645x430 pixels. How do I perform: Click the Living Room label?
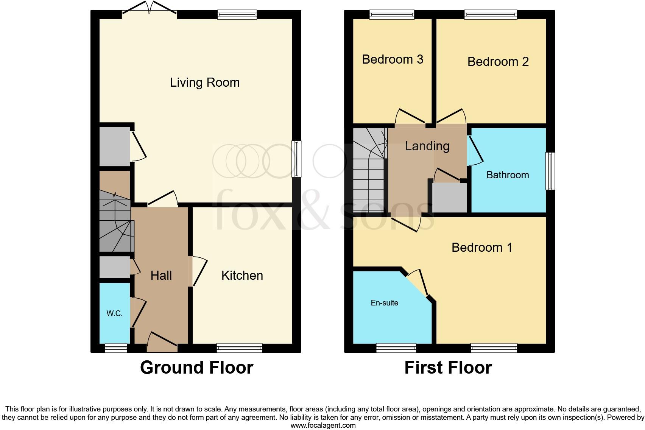click(x=204, y=83)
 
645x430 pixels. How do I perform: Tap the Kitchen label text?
click(x=242, y=276)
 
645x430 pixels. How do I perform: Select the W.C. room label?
click(x=114, y=313)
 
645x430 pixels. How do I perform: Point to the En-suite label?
click(x=384, y=303)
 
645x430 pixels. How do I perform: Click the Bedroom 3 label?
click(x=393, y=59)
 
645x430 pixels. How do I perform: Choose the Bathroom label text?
click(x=507, y=175)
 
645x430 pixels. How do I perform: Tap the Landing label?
click(x=427, y=146)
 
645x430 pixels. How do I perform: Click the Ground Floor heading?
click(x=196, y=368)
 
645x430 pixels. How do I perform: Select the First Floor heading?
click(x=448, y=368)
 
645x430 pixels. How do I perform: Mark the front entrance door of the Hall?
click(x=162, y=342)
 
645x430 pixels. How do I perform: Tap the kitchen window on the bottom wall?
click(x=239, y=347)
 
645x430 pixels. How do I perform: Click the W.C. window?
click(x=116, y=348)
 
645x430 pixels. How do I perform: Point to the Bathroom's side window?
click(x=550, y=171)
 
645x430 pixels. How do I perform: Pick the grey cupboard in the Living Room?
click(x=114, y=146)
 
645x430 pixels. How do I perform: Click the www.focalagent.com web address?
click(x=323, y=425)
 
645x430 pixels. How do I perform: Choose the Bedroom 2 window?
click(x=491, y=15)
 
